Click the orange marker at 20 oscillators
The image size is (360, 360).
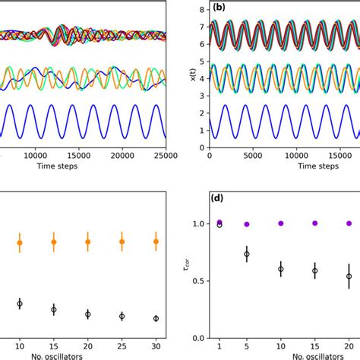pos(87,242)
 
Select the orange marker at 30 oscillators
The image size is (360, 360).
pos(156,242)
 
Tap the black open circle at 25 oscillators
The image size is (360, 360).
pos(122,316)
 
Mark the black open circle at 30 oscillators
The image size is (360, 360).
pos(156,319)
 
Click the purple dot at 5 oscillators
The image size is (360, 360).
pos(246,224)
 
